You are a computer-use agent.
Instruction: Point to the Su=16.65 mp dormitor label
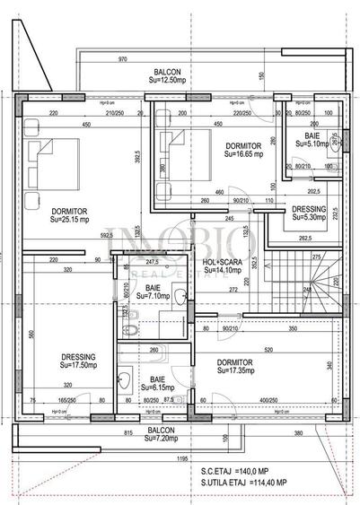coord(243,153)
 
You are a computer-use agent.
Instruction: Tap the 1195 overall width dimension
coord(182,458)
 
